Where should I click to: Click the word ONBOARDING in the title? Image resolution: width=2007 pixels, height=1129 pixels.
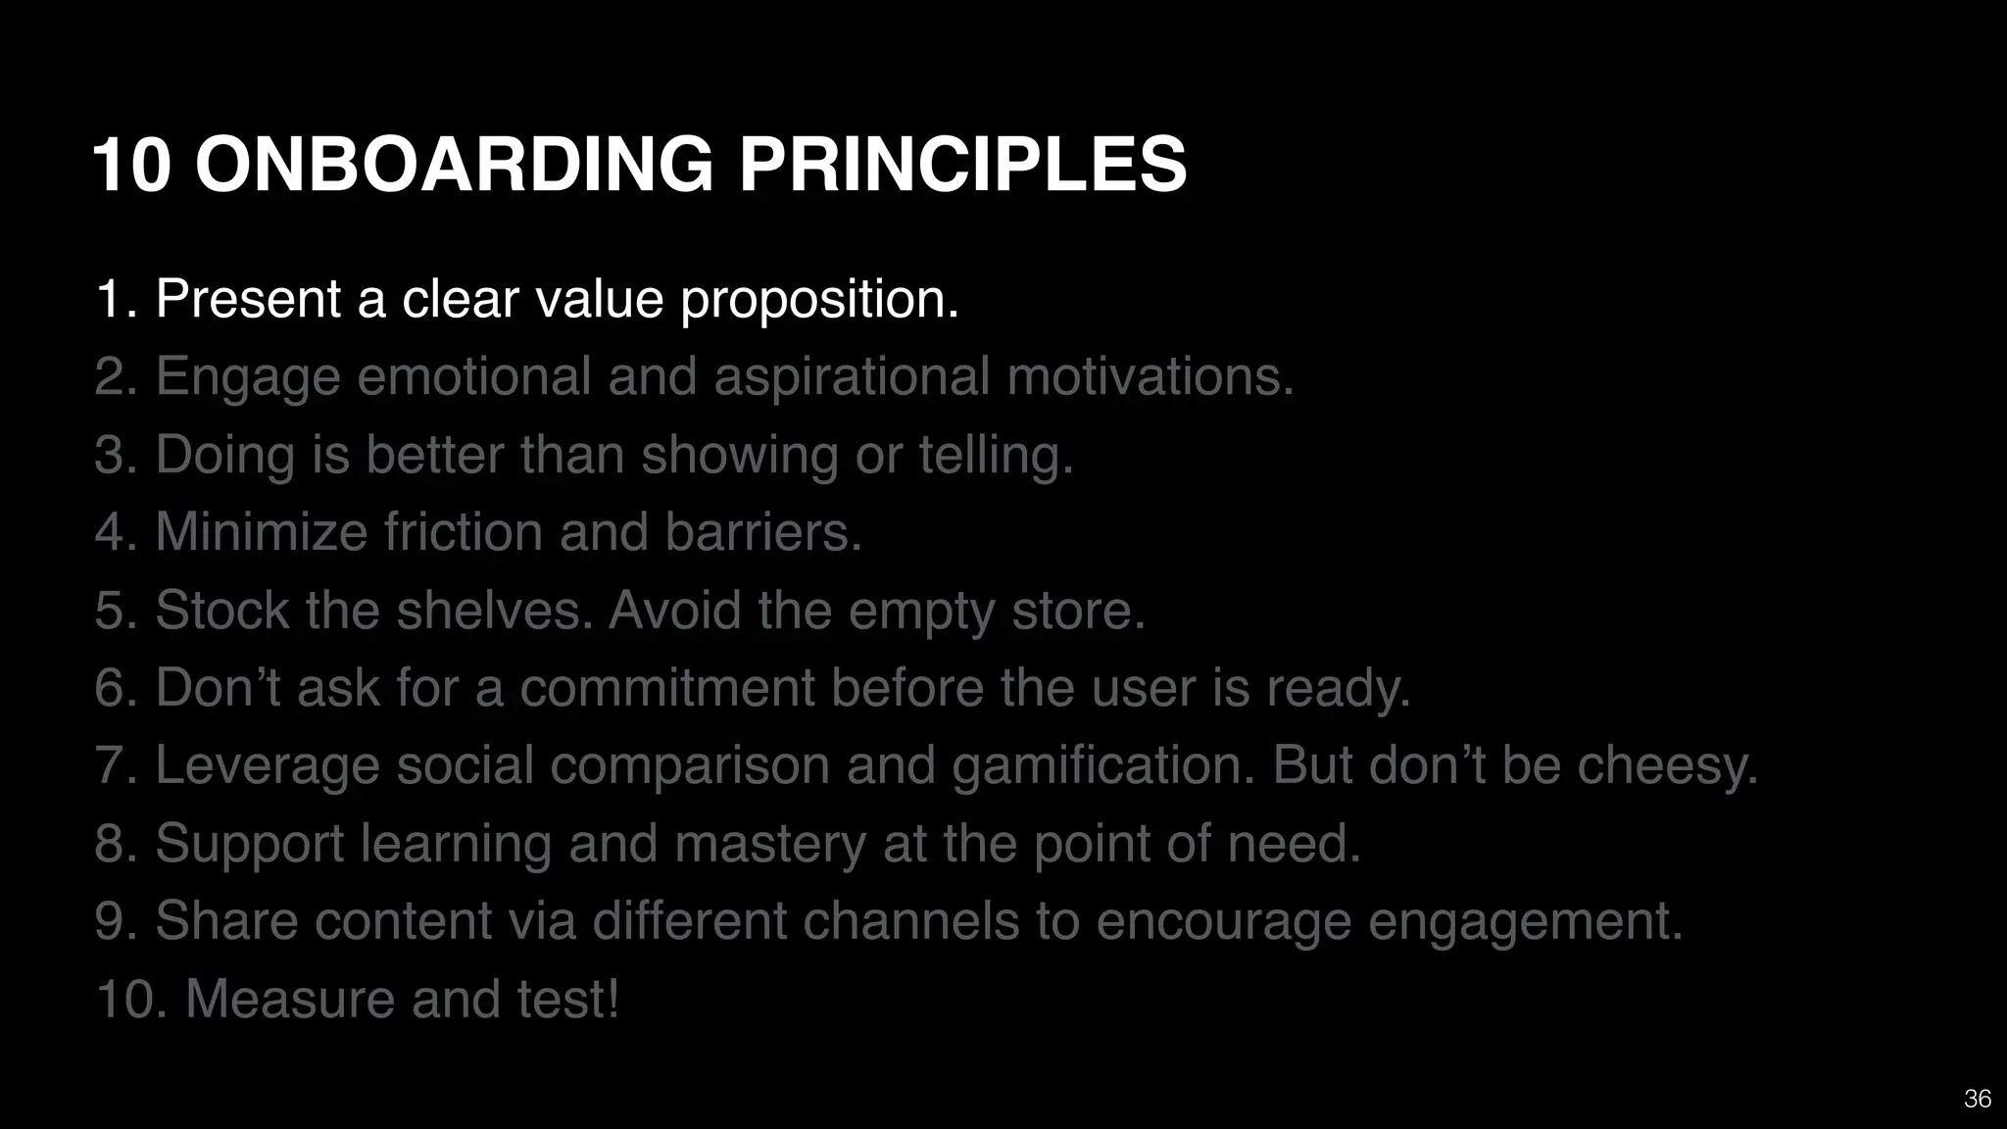pyautogui.click(x=455, y=165)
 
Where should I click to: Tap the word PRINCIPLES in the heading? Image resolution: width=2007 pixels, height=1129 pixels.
pyautogui.click(x=962, y=165)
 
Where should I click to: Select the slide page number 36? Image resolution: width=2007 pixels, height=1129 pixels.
pyautogui.click(x=1977, y=1099)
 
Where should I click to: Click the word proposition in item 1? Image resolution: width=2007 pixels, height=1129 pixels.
pyautogui.click(x=819, y=299)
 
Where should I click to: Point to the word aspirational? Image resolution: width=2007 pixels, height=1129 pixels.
pyautogui.click(x=852, y=377)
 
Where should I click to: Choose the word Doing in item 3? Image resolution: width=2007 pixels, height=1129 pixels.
pyautogui.click(x=225, y=455)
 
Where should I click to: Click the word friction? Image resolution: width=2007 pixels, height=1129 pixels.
pyautogui.click(x=463, y=532)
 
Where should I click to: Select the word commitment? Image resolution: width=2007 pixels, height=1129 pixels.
pyautogui.click(x=667, y=687)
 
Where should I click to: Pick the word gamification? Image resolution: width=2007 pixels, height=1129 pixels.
pyautogui.click(x=1103, y=765)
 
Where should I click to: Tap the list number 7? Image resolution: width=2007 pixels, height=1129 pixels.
pyautogui.click(x=113, y=765)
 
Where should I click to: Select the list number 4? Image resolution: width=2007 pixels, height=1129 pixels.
pyautogui.click(x=113, y=532)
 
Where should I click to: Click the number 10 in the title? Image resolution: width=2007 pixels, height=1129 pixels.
pyautogui.click(x=132, y=165)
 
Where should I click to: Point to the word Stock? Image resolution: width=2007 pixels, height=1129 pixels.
pyautogui.click(x=221, y=610)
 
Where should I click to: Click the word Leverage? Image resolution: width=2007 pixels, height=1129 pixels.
pyautogui.click(x=267, y=765)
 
